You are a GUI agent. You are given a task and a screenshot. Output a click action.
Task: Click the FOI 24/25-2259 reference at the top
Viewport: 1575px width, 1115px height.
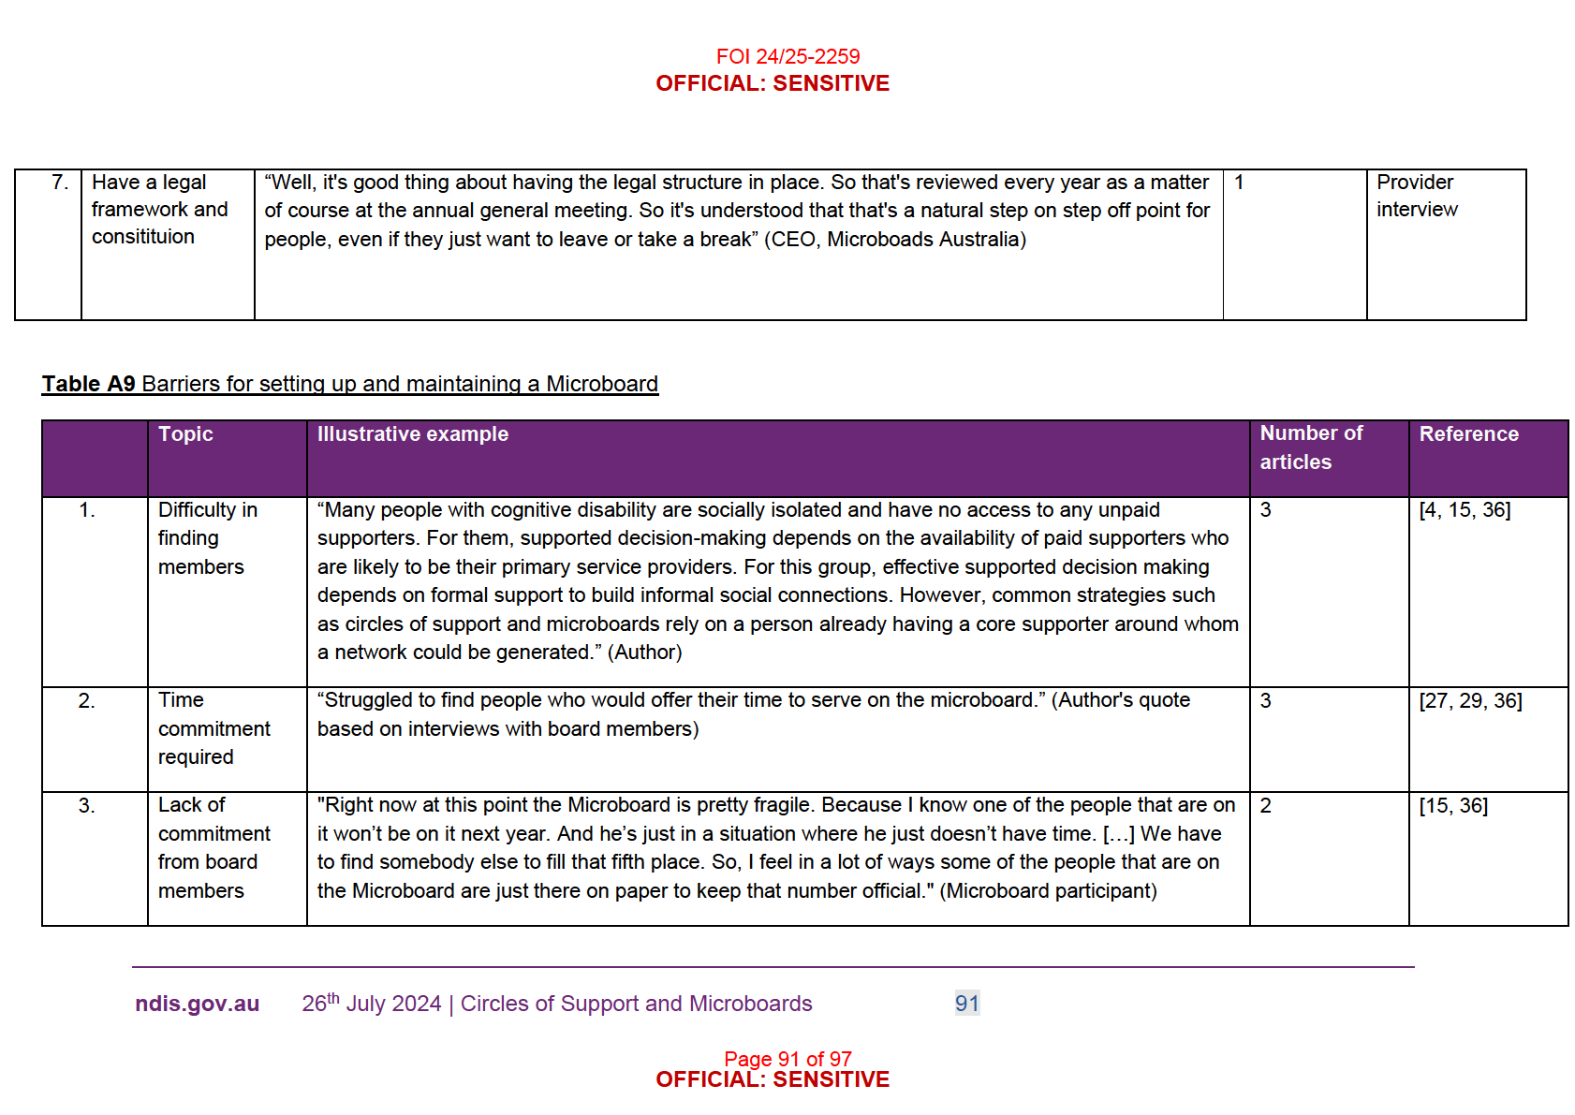(787, 56)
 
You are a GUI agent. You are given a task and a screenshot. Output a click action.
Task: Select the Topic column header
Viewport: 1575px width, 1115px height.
(185, 434)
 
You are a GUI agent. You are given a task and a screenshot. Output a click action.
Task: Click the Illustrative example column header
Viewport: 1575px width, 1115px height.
(412, 434)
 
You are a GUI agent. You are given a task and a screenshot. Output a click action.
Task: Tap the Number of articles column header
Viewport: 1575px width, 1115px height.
(1310, 447)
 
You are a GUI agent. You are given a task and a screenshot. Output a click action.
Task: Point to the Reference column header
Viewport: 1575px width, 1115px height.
(1468, 434)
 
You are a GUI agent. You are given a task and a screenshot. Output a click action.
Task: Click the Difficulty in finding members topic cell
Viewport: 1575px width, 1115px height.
(207, 538)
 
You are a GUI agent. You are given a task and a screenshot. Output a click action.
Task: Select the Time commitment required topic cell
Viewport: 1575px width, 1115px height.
(213, 728)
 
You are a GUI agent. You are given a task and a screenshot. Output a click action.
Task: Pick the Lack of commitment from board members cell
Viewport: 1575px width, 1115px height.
(213, 847)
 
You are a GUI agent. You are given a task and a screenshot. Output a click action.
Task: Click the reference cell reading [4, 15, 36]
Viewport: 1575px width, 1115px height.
(1465, 510)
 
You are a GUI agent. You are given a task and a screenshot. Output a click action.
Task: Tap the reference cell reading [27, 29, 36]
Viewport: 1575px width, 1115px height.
(1470, 701)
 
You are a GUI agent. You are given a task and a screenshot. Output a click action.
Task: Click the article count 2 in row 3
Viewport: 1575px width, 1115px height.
(1265, 806)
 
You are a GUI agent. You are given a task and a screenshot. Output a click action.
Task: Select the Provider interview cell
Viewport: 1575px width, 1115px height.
(1416, 196)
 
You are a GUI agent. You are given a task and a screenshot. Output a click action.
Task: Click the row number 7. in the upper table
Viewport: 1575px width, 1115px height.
(60, 183)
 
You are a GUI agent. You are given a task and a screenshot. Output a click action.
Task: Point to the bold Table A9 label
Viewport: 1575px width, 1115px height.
(89, 384)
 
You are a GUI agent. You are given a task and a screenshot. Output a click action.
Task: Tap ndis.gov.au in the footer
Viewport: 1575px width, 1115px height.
(197, 1004)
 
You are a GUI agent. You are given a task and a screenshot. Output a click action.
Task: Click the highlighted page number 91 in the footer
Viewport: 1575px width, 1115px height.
(966, 1004)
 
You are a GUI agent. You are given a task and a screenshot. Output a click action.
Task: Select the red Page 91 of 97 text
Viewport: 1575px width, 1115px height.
(787, 1059)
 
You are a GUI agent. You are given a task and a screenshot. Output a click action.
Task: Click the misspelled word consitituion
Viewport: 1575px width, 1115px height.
(143, 237)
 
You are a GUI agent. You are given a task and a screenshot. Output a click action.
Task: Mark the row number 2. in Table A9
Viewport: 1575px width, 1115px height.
(86, 701)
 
